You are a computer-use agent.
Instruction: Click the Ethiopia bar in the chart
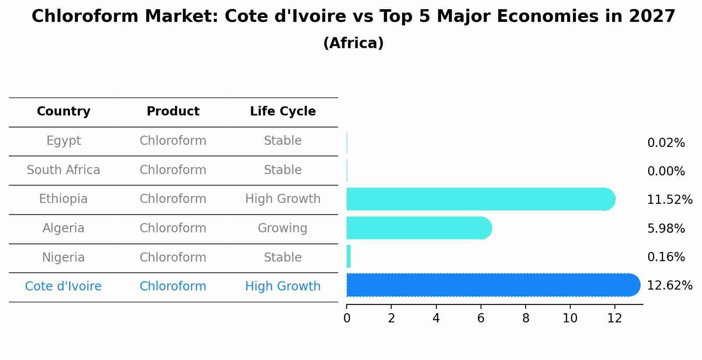(x=481, y=199)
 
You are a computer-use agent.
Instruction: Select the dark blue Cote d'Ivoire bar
(x=493, y=285)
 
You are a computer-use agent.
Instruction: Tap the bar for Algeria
(x=419, y=228)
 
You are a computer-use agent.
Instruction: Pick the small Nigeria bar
(x=349, y=256)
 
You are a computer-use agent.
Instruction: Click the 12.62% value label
(x=669, y=286)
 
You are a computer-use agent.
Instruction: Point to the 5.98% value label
(x=666, y=228)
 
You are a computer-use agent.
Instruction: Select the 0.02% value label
(x=666, y=143)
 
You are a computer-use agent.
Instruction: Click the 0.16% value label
(x=666, y=257)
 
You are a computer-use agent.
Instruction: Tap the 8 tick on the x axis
(x=526, y=318)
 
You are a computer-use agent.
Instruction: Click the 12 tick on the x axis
(x=614, y=318)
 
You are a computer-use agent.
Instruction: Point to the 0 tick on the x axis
(x=347, y=318)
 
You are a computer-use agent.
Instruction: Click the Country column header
(x=63, y=112)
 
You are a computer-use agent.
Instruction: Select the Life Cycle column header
(x=283, y=112)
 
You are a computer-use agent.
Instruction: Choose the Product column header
(x=173, y=112)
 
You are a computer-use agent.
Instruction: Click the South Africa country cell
(x=63, y=170)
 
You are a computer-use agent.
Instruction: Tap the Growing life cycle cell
(x=282, y=228)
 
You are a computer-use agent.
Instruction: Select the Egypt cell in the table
(x=63, y=141)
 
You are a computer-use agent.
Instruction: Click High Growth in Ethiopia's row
(x=283, y=199)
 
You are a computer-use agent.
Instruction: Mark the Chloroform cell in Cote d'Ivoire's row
(x=173, y=286)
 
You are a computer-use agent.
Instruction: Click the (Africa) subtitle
(x=353, y=43)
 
